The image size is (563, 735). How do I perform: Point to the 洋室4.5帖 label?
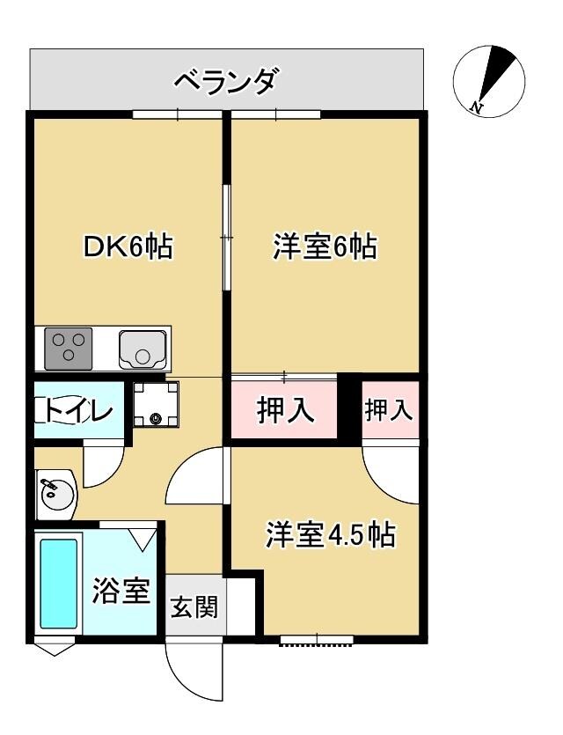pyautogui.click(x=330, y=536)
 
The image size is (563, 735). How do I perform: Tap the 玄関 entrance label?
pyautogui.click(x=194, y=607)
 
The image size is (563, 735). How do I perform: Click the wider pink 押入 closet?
pyautogui.click(x=284, y=410)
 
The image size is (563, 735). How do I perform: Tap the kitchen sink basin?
pyautogui.click(x=143, y=349)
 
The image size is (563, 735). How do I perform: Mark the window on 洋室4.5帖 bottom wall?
pyautogui.click(x=317, y=640)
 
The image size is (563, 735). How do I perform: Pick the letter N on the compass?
pyautogui.click(x=475, y=108)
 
